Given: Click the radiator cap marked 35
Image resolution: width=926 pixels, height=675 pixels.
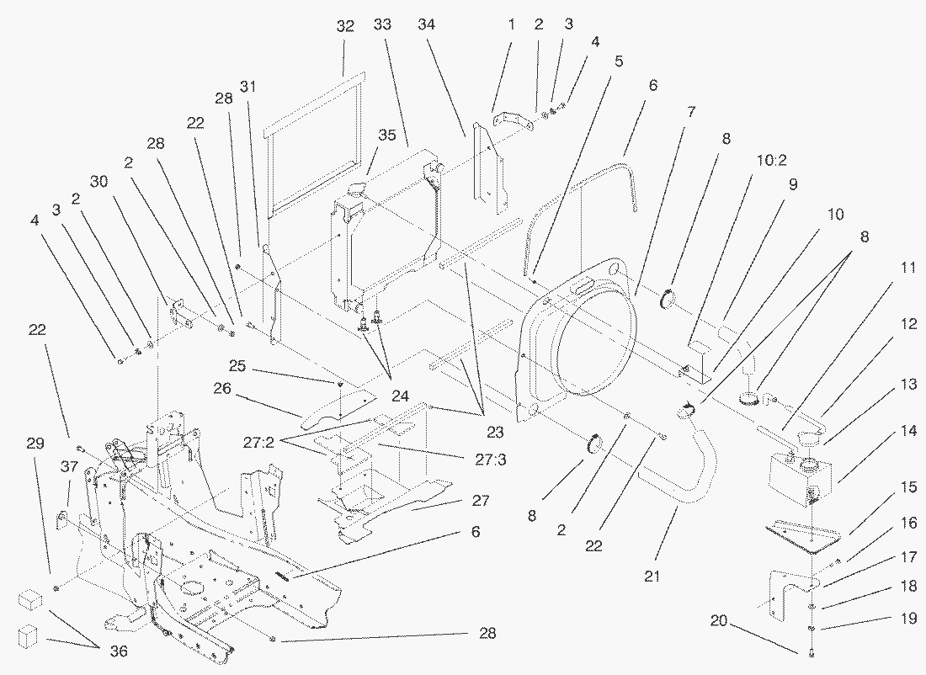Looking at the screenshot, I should (x=358, y=187).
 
